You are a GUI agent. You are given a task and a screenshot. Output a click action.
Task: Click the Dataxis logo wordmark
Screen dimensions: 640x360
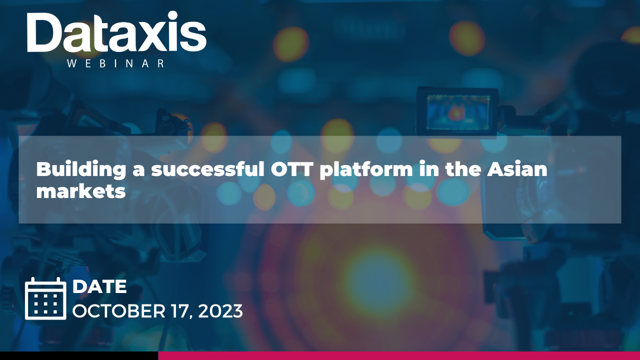[x=116, y=32]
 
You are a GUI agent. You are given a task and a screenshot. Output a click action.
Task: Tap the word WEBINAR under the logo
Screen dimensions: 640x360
[x=115, y=63]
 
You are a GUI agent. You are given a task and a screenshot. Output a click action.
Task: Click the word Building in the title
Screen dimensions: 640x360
[x=81, y=169]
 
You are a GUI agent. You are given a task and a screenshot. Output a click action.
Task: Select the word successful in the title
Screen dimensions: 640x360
[x=208, y=169]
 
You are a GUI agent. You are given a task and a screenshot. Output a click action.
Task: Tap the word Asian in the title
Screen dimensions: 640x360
[x=517, y=169]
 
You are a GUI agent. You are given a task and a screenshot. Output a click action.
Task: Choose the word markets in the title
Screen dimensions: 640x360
[x=81, y=191]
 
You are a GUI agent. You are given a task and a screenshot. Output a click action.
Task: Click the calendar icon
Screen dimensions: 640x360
[x=45, y=298]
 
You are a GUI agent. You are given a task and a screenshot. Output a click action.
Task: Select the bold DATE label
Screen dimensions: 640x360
[x=99, y=286]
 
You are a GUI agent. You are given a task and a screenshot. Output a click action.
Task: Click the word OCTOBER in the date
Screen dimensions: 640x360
[x=119, y=311]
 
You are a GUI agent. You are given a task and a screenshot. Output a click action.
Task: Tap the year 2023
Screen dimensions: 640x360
[x=220, y=311]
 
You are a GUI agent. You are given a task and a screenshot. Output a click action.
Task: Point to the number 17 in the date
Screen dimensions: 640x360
[x=181, y=311]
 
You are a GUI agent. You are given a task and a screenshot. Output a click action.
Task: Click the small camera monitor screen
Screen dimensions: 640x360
[x=457, y=113]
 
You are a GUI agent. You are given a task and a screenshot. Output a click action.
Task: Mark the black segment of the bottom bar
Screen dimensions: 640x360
[x=79, y=355]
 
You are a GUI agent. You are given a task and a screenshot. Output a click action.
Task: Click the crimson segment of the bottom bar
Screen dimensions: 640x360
[x=399, y=355]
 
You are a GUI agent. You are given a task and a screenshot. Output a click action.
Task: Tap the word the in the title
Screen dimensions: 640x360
[x=463, y=169]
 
